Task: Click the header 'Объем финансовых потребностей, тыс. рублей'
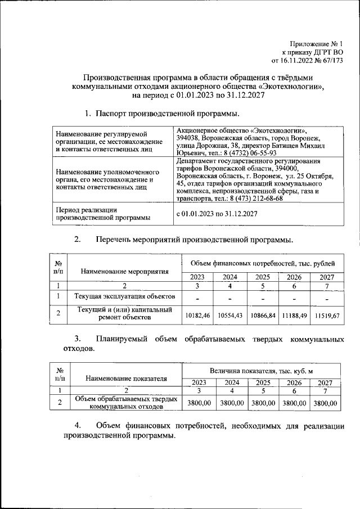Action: point(262,263)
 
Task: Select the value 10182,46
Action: point(197,316)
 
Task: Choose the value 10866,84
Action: point(263,316)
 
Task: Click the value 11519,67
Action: point(327,316)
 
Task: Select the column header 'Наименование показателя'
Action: point(126,379)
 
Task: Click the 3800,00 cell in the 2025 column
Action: point(263,403)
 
